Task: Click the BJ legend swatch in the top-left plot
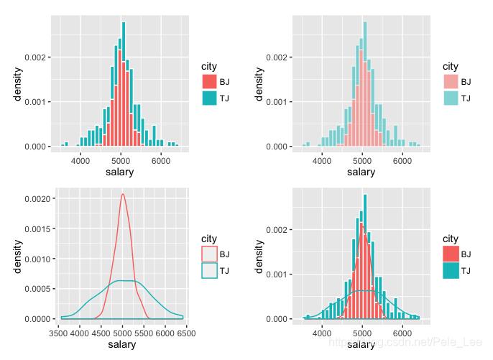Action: click(209, 81)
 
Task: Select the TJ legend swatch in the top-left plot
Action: click(209, 98)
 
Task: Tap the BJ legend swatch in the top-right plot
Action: click(451, 81)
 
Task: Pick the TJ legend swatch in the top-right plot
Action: click(451, 98)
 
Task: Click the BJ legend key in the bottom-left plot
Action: click(209, 254)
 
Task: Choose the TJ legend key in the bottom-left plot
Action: click(209, 270)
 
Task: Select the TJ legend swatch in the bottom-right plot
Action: click(451, 270)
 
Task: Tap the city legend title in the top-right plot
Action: click(451, 67)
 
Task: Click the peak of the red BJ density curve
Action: click(123, 194)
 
